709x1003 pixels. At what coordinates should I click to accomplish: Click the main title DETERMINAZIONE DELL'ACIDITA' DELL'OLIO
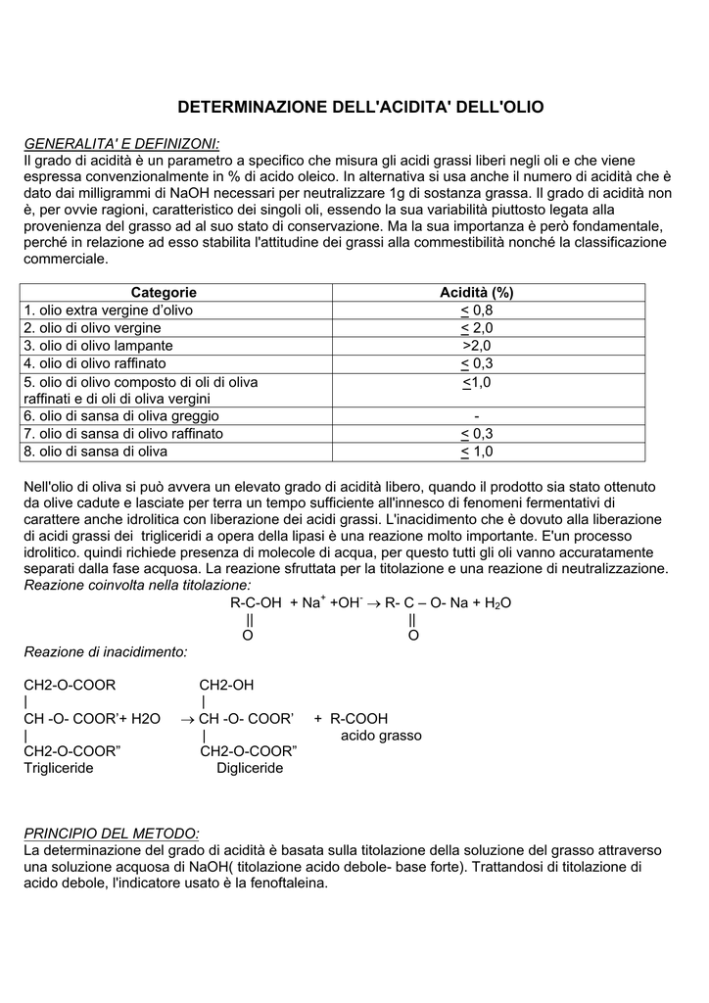coord(359,106)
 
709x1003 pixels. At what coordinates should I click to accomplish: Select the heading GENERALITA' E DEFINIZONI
coord(121,144)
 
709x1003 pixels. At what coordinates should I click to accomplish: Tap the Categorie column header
coord(164,292)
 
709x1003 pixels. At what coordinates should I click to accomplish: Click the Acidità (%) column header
coord(477,292)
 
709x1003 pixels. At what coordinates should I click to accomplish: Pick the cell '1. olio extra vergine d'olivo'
coord(109,310)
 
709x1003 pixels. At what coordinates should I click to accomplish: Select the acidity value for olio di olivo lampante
coord(477,346)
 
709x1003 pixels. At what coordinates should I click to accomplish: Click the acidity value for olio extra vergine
coord(477,310)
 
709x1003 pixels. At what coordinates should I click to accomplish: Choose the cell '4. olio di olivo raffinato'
coord(98,363)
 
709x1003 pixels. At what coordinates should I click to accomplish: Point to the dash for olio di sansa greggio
coord(476,416)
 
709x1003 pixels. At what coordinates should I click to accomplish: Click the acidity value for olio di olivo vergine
coord(477,327)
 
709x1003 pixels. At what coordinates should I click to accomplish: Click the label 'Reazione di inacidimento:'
coord(105,651)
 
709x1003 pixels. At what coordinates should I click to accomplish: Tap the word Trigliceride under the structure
coord(58,768)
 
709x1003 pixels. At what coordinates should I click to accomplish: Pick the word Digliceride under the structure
coord(250,768)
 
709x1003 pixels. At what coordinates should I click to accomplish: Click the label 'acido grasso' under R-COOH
coord(381,735)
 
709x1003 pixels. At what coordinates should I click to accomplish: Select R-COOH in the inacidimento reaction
coord(359,718)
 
